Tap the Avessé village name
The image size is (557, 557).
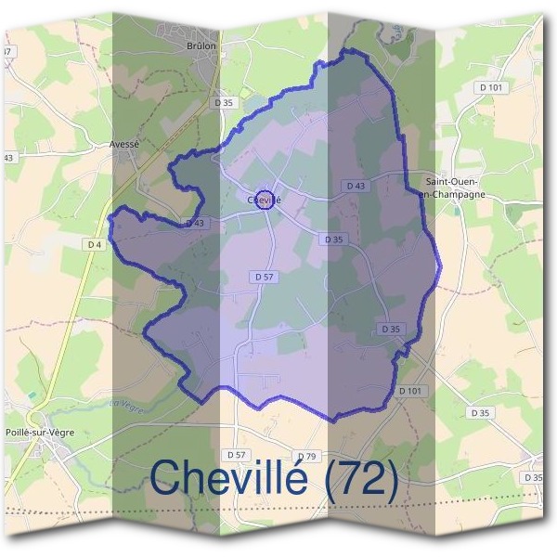click(124, 144)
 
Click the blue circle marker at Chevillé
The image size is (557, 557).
click(265, 200)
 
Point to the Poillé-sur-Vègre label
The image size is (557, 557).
click(40, 432)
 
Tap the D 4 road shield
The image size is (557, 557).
click(94, 244)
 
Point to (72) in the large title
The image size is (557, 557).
click(365, 479)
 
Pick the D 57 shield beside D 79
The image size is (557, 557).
click(238, 454)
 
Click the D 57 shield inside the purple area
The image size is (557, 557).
click(264, 277)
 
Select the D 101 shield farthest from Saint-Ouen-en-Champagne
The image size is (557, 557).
click(410, 391)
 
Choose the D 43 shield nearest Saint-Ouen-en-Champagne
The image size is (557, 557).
click(356, 186)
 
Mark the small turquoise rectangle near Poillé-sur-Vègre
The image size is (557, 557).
click(33, 395)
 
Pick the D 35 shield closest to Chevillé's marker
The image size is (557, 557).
click(333, 239)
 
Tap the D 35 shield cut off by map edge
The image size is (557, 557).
click(534, 477)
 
